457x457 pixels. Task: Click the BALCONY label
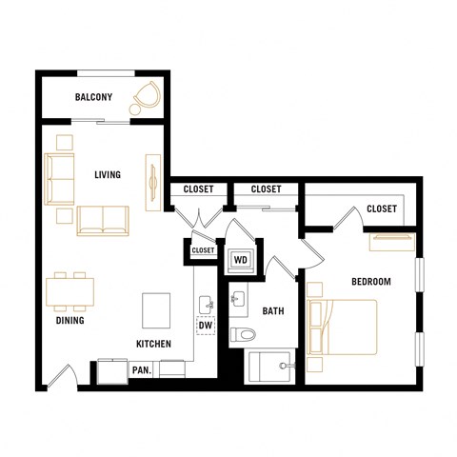(x=93, y=97)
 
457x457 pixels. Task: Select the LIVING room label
(x=107, y=175)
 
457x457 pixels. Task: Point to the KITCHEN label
(x=153, y=344)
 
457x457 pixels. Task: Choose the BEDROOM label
(x=371, y=282)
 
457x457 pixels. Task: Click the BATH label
(x=273, y=310)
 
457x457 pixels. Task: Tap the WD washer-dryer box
(x=241, y=259)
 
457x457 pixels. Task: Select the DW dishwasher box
(x=205, y=327)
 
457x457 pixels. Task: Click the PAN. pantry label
(x=142, y=369)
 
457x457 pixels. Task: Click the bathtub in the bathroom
(x=272, y=366)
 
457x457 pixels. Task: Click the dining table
(x=70, y=292)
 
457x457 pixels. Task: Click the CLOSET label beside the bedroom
(x=381, y=209)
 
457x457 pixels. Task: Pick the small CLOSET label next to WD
(x=203, y=250)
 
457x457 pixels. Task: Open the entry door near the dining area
(x=59, y=379)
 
